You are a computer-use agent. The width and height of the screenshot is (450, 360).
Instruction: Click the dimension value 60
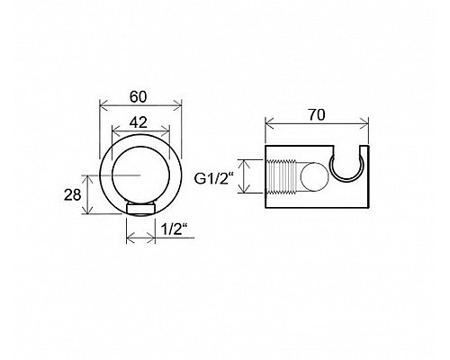[139, 97]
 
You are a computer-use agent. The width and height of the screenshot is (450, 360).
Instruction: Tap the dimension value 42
[139, 122]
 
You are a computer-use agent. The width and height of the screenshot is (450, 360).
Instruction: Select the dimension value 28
[73, 195]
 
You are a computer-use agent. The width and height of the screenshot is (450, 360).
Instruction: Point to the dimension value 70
[317, 115]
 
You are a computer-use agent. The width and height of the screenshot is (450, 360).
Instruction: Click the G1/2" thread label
[214, 179]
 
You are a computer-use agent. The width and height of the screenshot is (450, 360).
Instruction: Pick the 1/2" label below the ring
[172, 229]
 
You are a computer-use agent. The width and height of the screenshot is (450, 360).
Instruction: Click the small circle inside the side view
[314, 177]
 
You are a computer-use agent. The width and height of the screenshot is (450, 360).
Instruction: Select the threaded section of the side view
[282, 177]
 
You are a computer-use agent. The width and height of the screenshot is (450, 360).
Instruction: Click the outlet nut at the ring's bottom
[140, 209]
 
